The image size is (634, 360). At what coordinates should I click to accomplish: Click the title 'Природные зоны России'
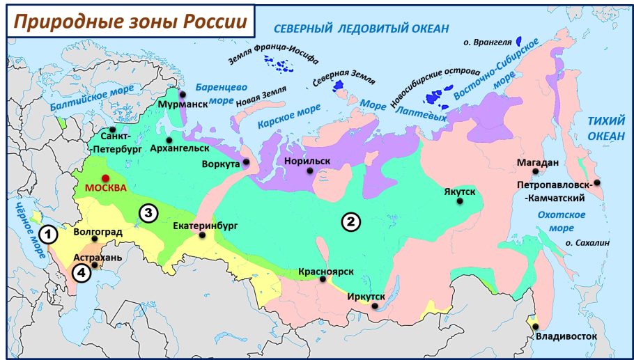[x=130, y=22]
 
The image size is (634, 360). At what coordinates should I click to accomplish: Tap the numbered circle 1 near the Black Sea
[x=48, y=235]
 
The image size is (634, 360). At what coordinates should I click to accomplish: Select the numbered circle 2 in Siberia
[x=350, y=221]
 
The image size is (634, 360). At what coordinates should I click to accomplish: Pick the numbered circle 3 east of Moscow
[x=148, y=213]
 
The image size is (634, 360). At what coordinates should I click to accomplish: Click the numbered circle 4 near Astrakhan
[x=81, y=274]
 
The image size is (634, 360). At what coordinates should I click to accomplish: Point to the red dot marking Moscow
[x=105, y=178]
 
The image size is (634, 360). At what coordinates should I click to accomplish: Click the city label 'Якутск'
[x=459, y=191]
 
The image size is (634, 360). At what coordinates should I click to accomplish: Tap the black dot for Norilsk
[x=307, y=171]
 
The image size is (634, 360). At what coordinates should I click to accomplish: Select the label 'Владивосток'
[x=567, y=337]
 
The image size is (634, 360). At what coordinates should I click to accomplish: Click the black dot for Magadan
[x=535, y=171]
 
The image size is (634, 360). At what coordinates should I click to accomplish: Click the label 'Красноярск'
[x=323, y=270]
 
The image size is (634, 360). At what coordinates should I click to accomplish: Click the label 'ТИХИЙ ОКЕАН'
[x=605, y=127]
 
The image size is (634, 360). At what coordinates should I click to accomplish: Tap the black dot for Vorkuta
[x=247, y=163]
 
